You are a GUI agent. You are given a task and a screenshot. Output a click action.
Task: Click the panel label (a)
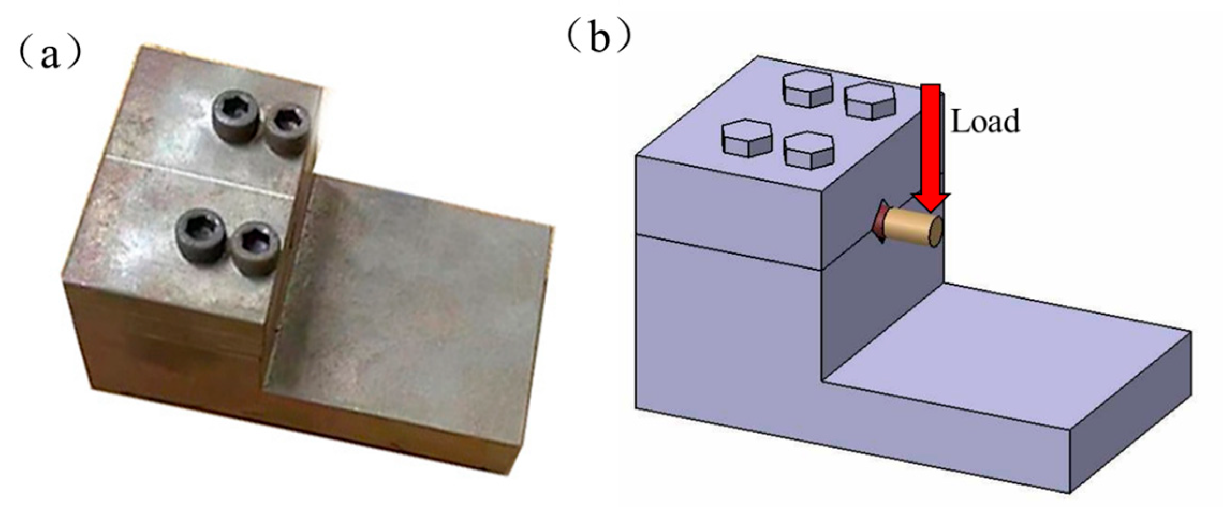[x=50, y=55]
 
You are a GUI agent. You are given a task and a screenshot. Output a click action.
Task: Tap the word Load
[x=985, y=122]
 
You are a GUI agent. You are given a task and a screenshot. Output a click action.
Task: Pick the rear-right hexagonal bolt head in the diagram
[x=870, y=100]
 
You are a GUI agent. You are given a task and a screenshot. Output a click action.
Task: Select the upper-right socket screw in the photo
[x=289, y=129]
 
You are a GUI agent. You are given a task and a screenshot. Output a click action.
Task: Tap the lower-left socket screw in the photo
[x=202, y=235]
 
